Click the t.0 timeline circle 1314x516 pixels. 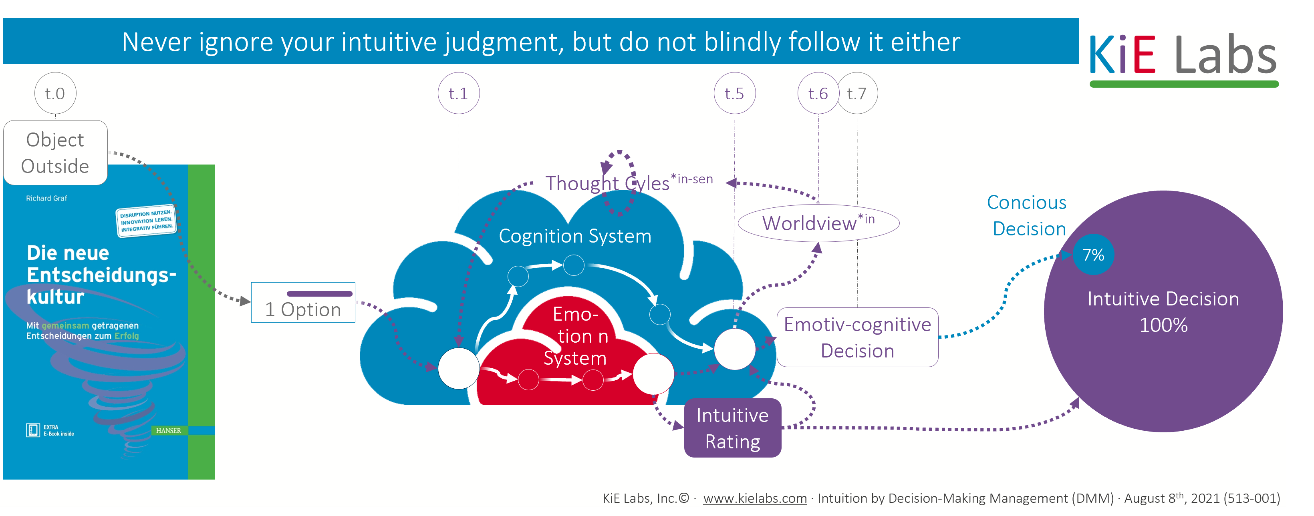tap(55, 93)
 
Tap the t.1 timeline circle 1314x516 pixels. tap(459, 93)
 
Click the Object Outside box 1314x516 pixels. tap(55, 153)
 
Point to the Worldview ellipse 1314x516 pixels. tap(818, 223)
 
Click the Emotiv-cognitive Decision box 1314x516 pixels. tap(857, 337)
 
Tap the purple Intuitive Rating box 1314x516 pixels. tap(732, 428)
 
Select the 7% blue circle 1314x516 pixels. tap(1093, 255)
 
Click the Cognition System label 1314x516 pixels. tap(575, 236)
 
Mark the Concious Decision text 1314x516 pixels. tap(1027, 216)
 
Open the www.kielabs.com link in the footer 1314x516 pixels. tap(755, 498)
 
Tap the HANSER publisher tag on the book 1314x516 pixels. tap(168, 430)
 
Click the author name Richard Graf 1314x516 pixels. tap(46, 198)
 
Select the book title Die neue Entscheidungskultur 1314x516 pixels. tap(101, 275)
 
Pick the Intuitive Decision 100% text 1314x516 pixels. tap(1163, 311)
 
